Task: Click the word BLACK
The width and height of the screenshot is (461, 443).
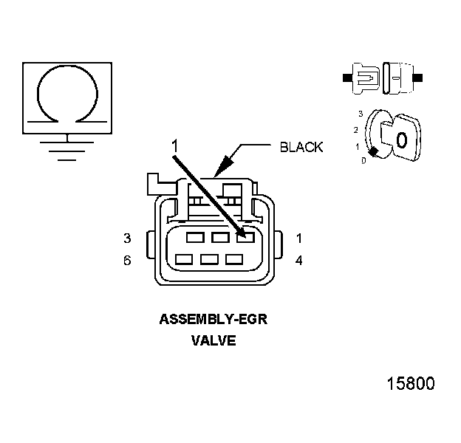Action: (x=301, y=147)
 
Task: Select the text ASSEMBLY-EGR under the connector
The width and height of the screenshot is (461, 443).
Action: (x=213, y=320)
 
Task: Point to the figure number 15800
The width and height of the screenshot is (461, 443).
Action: (x=411, y=384)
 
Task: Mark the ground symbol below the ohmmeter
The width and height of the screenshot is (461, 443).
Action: (x=67, y=145)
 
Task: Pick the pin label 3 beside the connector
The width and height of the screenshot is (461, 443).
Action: (x=127, y=238)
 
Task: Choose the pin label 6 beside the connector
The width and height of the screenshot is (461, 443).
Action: (x=127, y=260)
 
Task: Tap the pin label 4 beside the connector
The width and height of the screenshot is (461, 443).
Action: (x=299, y=260)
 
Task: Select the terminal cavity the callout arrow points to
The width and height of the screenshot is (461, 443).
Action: (x=244, y=238)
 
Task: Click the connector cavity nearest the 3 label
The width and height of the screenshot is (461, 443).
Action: (x=195, y=238)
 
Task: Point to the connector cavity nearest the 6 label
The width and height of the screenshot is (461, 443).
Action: (x=185, y=260)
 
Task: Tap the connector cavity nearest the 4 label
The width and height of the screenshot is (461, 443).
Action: (x=234, y=260)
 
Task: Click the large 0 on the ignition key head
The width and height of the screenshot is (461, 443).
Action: (x=401, y=140)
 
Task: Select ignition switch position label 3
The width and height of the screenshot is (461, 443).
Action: (x=360, y=114)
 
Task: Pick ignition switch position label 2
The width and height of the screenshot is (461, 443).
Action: (x=355, y=130)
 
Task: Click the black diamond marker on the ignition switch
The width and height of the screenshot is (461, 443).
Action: (x=374, y=152)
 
